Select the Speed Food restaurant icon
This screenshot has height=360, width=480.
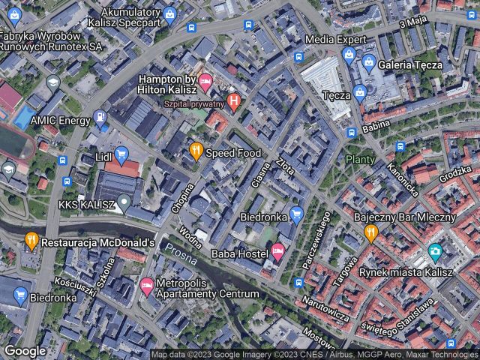click(x=196, y=152)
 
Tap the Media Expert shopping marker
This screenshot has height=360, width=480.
click(x=348, y=54)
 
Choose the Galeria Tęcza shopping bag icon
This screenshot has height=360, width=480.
click(x=367, y=64)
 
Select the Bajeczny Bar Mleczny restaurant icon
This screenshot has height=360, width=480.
click(x=370, y=233)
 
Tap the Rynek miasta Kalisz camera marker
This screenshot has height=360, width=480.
click(x=434, y=253)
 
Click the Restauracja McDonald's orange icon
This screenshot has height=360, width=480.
click(x=31, y=241)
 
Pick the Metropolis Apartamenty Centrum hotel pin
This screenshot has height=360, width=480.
click(x=147, y=285)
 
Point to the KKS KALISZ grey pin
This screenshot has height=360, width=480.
click(x=127, y=203)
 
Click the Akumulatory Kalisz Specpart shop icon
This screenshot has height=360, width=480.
click(x=170, y=13)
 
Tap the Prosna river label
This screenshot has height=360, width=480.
click(x=180, y=254)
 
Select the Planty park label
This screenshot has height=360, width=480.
click(x=359, y=160)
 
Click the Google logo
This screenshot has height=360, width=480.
click(x=25, y=350)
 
